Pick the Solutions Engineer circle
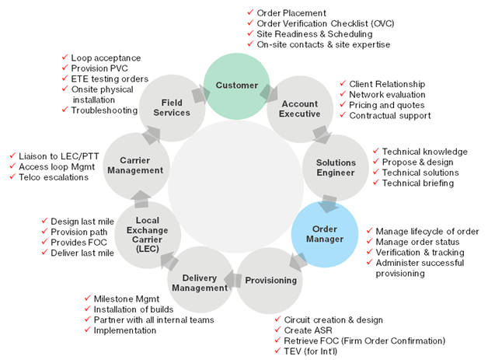tap(335, 168)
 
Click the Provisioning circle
tap(270, 280)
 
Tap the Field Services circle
tap(172, 107)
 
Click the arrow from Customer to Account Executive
tap(270, 92)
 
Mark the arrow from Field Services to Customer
tap(200, 94)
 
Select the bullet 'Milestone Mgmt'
tap(127, 299)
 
